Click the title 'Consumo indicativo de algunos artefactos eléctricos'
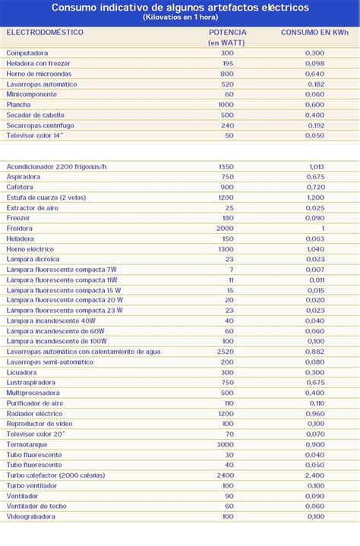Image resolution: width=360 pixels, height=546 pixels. tap(180, 7)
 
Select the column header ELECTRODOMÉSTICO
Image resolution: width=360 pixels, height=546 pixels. tap(45, 33)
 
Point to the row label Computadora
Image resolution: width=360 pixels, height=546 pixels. tap(27, 52)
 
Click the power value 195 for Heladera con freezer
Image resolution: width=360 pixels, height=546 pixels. tap(227, 63)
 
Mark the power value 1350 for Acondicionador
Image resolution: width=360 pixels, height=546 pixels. tap(226, 166)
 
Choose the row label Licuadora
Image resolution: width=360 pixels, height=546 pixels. tap(22, 372)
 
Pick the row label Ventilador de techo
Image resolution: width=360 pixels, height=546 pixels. tap(37, 506)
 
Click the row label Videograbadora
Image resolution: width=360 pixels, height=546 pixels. tap(30, 516)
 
